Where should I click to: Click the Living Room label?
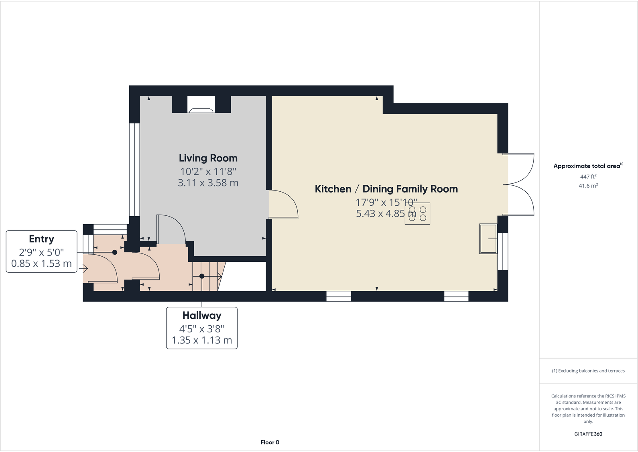[x=208, y=158]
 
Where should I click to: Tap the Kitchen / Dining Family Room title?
[x=386, y=189]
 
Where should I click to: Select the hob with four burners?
[x=417, y=213]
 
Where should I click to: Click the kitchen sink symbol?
[x=488, y=239]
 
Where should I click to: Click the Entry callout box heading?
[x=41, y=239]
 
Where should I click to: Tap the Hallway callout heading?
[x=202, y=316]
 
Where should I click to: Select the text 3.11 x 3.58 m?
[x=208, y=183]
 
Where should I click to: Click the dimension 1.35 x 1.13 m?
[x=202, y=340]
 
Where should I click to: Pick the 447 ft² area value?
[x=588, y=176]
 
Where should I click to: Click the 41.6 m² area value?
[x=588, y=186]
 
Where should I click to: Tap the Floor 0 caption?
[x=270, y=442]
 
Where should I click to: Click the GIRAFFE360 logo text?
[x=588, y=434]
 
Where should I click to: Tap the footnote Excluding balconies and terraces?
[x=588, y=371]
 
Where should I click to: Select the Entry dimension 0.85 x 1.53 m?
[x=41, y=263]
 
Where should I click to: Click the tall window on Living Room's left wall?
[x=134, y=170]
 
